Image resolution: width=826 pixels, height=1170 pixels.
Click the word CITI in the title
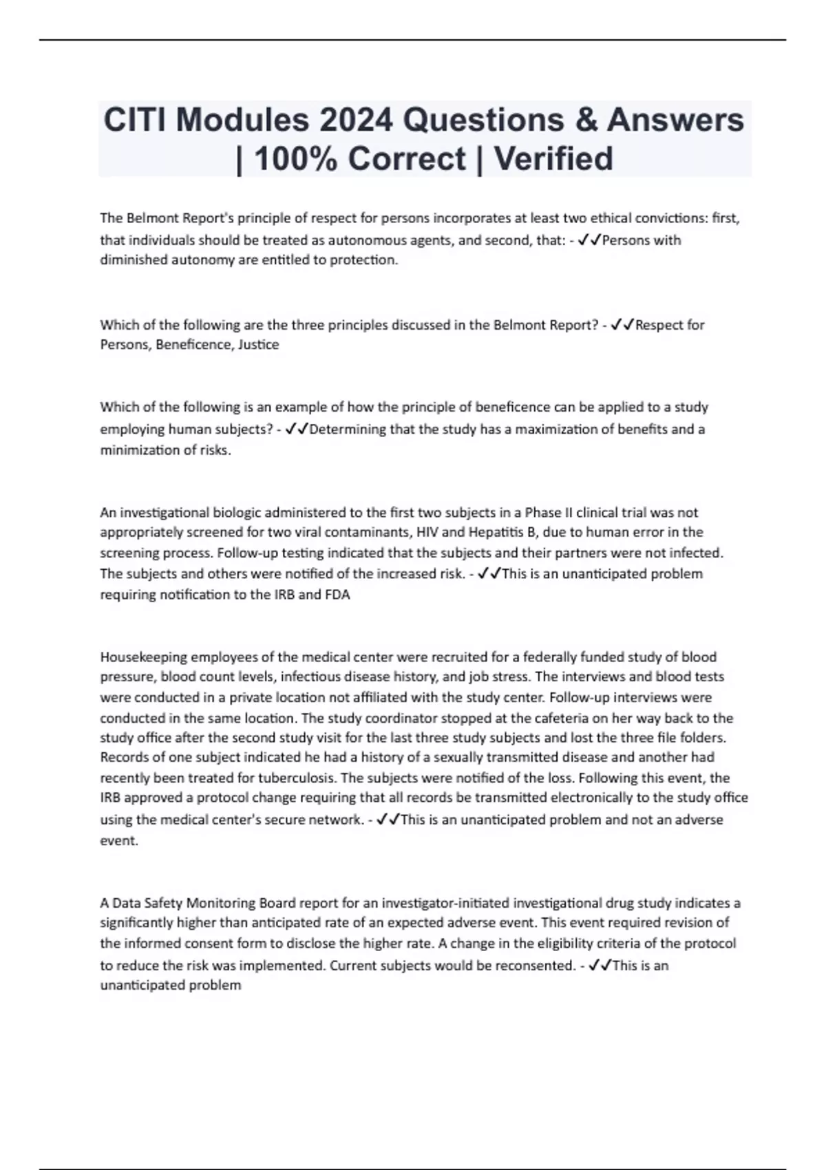pyautogui.click(x=135, y=120)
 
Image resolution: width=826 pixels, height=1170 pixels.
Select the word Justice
pyautogui.click(x=258, y=345)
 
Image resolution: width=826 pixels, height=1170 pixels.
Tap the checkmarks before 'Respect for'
pyautogui.click(x=622, y=325)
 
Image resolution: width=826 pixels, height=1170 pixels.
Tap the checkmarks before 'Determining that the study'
pyautogui.click(x=297, y=429)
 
